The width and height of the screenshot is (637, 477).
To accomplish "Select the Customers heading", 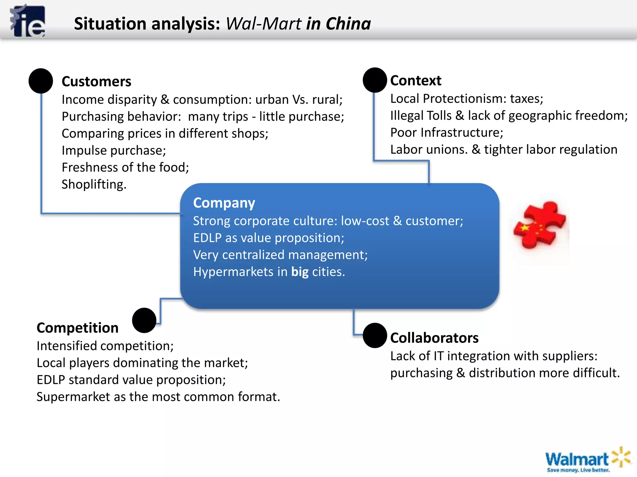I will click(96, 82).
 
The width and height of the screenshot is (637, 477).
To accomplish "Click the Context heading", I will click(416, 81).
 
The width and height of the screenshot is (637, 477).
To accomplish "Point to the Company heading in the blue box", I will click(224, 203).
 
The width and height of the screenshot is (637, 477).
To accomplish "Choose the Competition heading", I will click(77, 328).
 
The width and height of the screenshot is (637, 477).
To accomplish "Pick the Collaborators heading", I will click(434, 338).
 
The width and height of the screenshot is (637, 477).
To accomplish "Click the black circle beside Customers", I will click(41, 81).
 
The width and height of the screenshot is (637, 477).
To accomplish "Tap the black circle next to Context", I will click(375, 80).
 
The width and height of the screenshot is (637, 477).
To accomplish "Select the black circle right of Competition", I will click(144, 320).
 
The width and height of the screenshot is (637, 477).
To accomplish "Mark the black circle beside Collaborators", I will click(375, 335).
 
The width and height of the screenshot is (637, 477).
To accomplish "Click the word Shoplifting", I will click(94, 184).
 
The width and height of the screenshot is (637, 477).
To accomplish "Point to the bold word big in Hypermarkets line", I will click(300, 272).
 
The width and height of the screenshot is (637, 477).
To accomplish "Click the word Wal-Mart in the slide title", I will click(263, 24).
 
